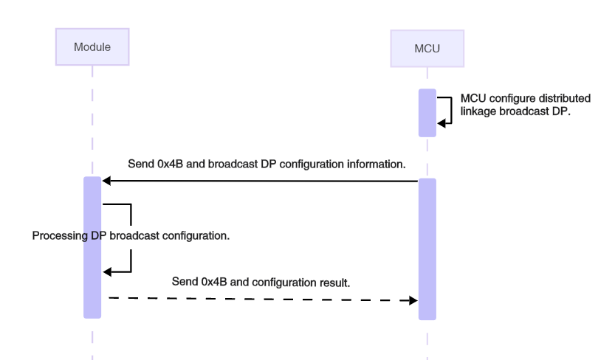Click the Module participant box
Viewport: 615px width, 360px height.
pyautogui.click(x=92, y=47)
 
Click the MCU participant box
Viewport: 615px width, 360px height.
pyautogui.click(x=427, y=49)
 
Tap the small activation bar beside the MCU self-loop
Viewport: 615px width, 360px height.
pyautogui.click(x=427, y=113)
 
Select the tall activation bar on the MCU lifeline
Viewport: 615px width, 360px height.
pyautogui.click(x=427, y=249)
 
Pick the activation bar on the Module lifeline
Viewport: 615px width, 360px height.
pyautogui.click(x=92, y=247)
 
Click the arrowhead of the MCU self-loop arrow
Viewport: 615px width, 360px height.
pyautogui.click(x=442, y=123)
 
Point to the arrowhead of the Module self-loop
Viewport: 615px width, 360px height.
pyautogui.click(x=107, y=272)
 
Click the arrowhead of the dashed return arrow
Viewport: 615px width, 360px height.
pyautogui.click(x=413, y=300)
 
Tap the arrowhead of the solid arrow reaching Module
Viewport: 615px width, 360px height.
pyautogui.click(x=107, y=181)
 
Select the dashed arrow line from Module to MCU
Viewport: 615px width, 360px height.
pyautogui.click(x=258, y=299)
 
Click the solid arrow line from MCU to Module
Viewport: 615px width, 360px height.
pyautogui.click(x=258, y=181)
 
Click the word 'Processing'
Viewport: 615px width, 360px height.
pyautogui.click(x=60, y=236)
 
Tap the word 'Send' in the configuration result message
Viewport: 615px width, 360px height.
pyautogui.click(x=185, y=282)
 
